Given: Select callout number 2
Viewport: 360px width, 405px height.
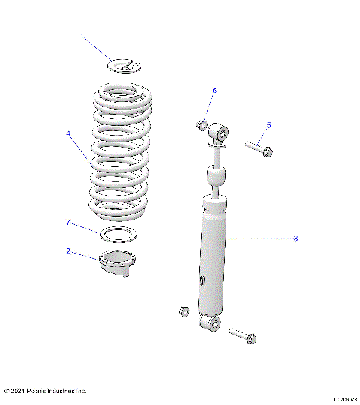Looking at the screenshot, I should point(69,252).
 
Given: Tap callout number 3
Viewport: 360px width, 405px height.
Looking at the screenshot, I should point(295,238).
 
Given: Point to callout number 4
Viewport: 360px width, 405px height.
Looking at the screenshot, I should point(68,134).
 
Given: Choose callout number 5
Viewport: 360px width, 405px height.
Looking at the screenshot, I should point(268,125).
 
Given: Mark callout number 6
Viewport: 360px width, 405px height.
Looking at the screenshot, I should point(214,90).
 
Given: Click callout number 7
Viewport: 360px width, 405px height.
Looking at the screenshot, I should point(68,223).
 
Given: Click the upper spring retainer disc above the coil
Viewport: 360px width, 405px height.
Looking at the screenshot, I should point(124,65).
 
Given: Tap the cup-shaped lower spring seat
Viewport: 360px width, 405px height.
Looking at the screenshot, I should point(117,262).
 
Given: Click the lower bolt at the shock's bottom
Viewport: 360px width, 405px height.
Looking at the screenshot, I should point(243,334).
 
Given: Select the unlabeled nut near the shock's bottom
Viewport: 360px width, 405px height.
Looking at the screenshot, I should point(181,311).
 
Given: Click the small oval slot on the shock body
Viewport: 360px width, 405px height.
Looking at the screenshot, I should point(202,280).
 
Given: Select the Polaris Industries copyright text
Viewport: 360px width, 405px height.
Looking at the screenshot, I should point(46,391).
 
